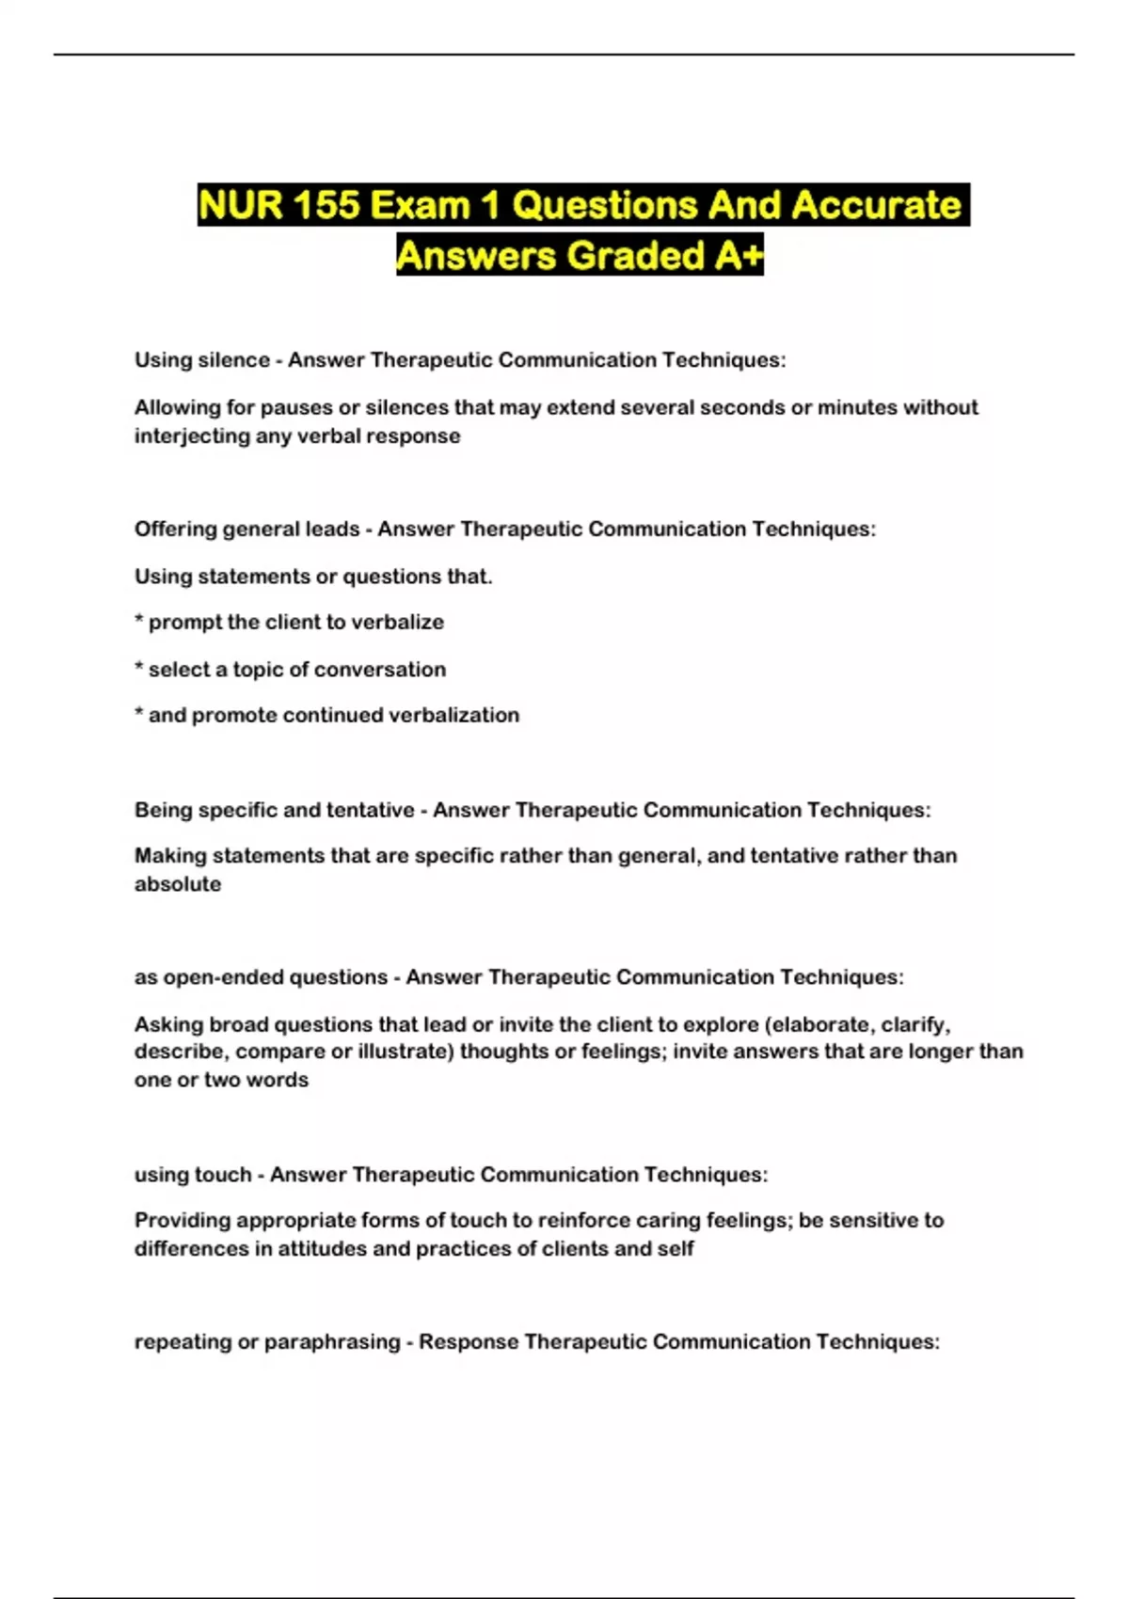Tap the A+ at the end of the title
pyautogui.click(x=738, y=255)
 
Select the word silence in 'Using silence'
pyautogui.click(x=234, y=360)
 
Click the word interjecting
pyautogui.click(x=191, y=436)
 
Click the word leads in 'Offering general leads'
pyautogui.click(x=332, y=530)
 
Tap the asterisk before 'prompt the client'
pyautogui.click(x=139, y=622)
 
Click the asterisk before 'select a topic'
pyautogui.click(x=139, y=669)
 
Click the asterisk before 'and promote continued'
pyautogui.click(x=139, y=715)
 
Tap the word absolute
pyautogui.click(x=178, y=884)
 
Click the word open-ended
pyautogui.click(x=227, y=977)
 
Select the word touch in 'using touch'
pyautogui.click(x=223, y=1175)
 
